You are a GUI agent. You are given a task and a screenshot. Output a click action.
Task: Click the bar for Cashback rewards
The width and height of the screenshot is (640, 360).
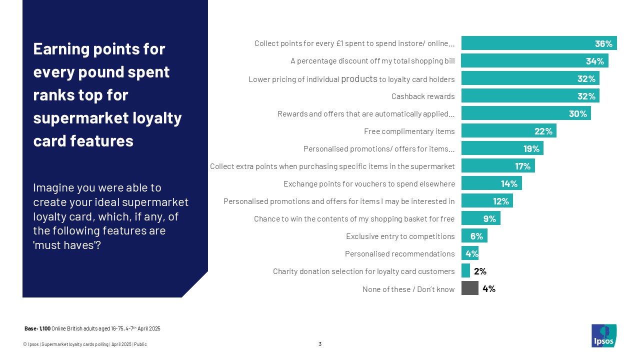click(530, 96)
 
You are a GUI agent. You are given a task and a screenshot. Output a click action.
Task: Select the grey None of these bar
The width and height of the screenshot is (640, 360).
click(469, 288)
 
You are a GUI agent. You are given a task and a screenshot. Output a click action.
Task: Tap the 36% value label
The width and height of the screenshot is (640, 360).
click(603, 43)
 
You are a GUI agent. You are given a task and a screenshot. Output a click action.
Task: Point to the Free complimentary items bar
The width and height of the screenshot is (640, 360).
click(508, 131)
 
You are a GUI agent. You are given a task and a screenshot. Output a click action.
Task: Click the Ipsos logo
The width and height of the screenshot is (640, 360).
click(604, 335)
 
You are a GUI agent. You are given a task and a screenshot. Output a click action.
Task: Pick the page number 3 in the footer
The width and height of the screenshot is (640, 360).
click(320, 344)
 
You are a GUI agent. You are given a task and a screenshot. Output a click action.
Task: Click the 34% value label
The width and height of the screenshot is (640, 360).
click(595, 61)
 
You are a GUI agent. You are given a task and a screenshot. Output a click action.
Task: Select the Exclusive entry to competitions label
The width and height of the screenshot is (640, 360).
click(400, 236)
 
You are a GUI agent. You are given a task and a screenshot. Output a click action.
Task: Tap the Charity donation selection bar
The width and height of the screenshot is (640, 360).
click(465, 271)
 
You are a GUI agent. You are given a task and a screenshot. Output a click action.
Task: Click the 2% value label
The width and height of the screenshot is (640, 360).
click(480, 271)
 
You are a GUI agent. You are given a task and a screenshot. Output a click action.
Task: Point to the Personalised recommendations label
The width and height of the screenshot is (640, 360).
click(399, 254)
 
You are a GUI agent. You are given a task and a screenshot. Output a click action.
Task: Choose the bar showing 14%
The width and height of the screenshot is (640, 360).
click(491, 183)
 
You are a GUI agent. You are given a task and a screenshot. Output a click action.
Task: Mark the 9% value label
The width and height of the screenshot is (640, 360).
click(489, 218)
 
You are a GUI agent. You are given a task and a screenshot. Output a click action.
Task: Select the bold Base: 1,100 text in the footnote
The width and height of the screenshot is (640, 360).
click(37, 328)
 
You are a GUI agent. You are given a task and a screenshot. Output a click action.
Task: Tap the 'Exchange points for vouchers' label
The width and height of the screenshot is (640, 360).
click(369, 184)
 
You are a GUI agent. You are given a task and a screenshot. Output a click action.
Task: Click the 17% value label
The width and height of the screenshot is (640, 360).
click(523, 166)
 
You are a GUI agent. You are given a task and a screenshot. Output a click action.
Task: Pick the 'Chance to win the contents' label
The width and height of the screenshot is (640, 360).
click(354, 219)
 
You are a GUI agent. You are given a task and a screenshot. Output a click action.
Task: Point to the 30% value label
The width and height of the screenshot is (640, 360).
click(577, 113)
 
